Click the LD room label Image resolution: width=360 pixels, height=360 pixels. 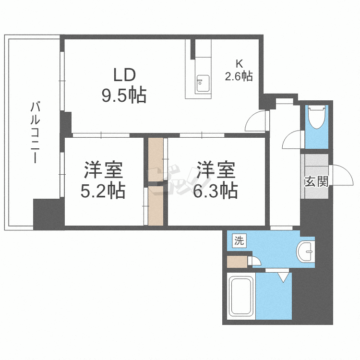pyautogui.click(x=124, y=75)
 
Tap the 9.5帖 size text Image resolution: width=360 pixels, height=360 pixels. pyautogui.click(x=123, y=96)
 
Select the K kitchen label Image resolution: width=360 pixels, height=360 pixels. pyautogui.click(x=239, y=63)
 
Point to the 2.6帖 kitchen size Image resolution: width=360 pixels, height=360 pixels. pyautogui.click(x=239, y=76)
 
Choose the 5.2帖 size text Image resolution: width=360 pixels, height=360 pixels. pyautogui.click(x=103, y=191)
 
